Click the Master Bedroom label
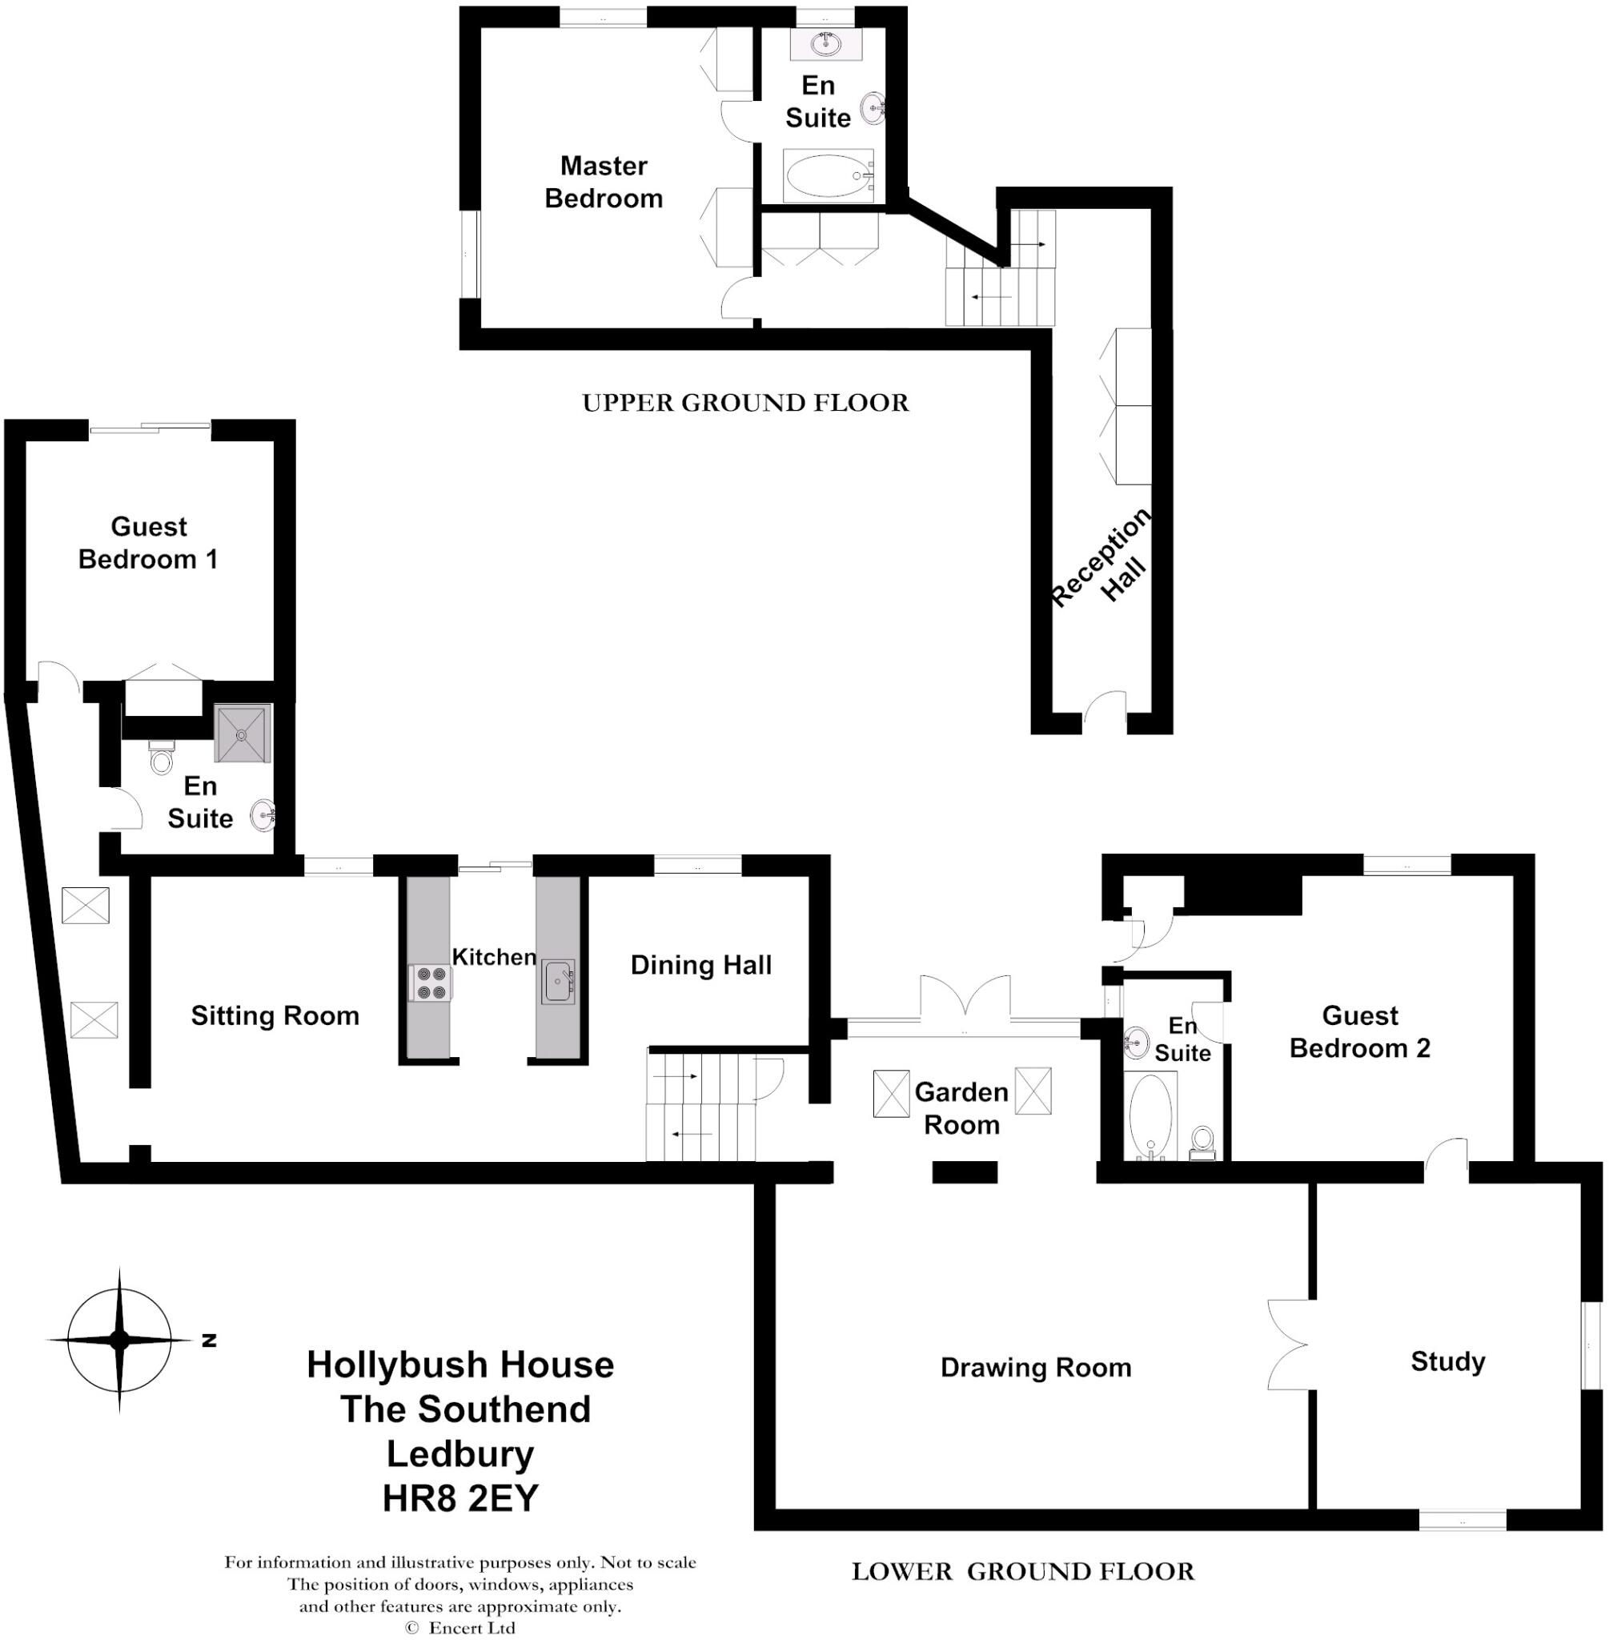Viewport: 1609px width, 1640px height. point(604,182)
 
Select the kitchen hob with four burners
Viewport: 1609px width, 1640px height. point(430,983)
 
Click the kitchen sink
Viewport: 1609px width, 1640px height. point(559,982)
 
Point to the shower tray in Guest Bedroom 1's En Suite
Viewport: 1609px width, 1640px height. point(243,733)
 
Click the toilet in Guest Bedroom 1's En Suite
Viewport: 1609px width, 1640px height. point(161,758)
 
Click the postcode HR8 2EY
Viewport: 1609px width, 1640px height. point(460,1498)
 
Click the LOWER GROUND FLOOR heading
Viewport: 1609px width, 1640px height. point(1022,1571)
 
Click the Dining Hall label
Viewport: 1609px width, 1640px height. point(700,966)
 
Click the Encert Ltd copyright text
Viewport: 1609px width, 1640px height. point(460,1627)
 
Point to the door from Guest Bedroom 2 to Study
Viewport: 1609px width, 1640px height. point(1446,1161)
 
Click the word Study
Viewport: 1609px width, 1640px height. point(1447,1361)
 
